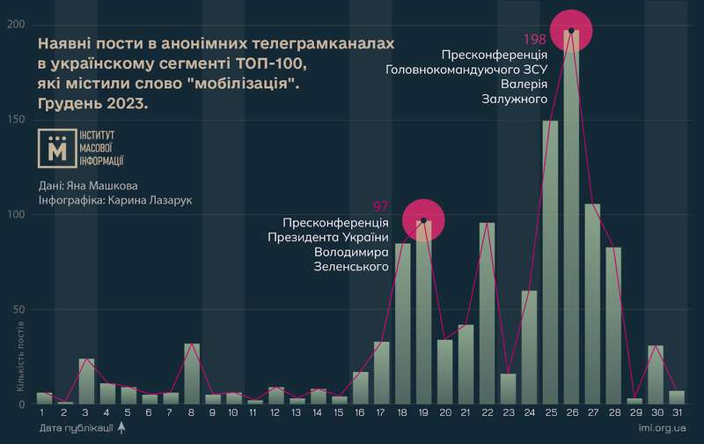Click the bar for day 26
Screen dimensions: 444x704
tap(571, 220)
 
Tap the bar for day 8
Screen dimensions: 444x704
tap(192, 374)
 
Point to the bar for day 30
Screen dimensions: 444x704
tap(656, 374)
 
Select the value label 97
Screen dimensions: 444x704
tap(381, 206)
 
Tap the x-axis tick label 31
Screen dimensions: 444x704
tap(677, 412)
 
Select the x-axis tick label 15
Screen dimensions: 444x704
tap(339, 412)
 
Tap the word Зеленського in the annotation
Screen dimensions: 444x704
tap(352, 267)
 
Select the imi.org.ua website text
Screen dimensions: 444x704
tap(663, 427)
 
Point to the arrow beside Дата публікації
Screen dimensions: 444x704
tap(121, 427)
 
